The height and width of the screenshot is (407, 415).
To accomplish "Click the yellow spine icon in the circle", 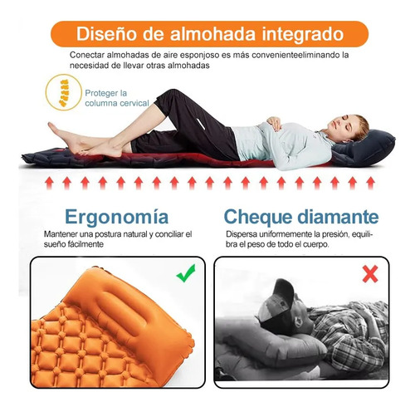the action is [64, 93].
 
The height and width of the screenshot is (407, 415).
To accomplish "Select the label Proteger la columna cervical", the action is [117, 98].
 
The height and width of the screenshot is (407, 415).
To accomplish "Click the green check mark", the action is [186, 273].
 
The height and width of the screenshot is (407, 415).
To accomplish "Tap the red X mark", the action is [370, 274].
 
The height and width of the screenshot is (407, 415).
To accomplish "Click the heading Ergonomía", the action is [116, 217].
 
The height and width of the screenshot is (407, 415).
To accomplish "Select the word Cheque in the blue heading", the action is [257, 217].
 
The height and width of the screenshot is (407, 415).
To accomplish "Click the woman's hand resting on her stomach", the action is [275, 123].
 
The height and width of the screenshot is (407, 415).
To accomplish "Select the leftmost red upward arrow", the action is [49, 184].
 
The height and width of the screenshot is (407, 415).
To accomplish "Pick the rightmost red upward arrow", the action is [370, 184].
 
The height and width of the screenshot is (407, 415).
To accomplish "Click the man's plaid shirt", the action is [351, 332].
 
